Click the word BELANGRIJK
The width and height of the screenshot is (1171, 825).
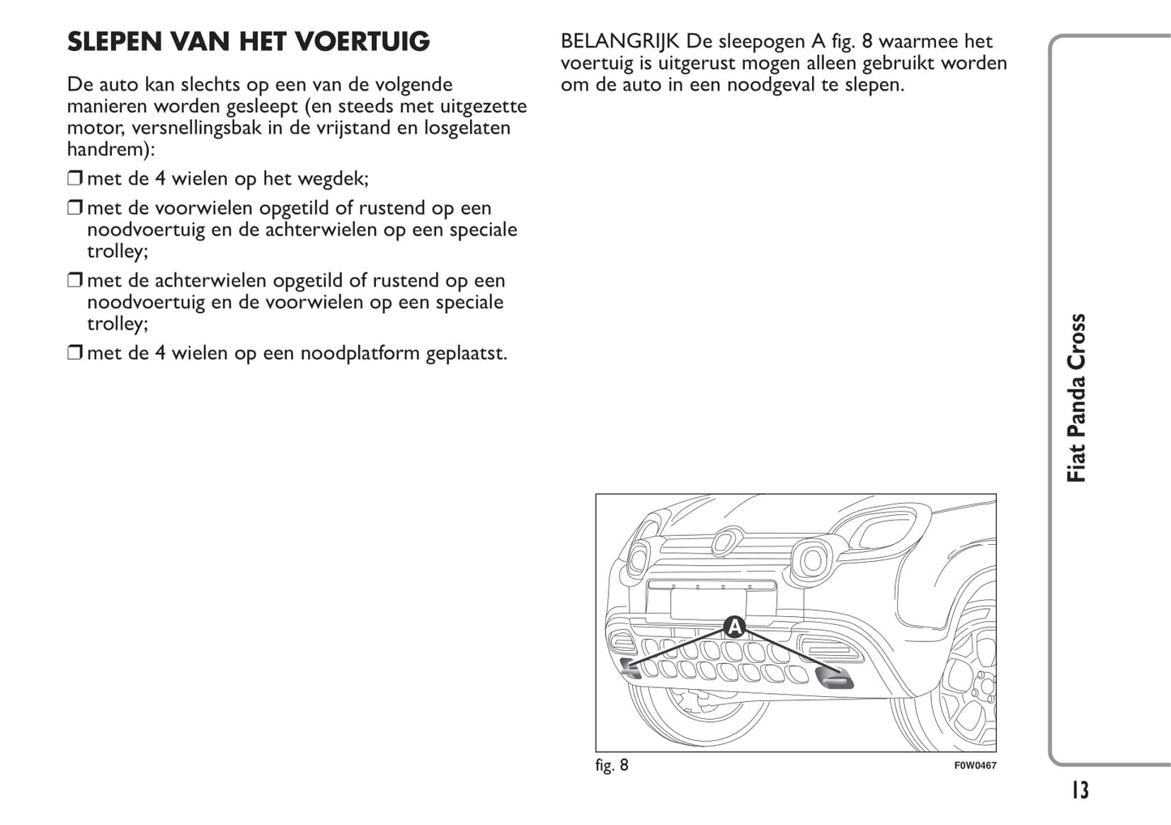[x=620, y=41]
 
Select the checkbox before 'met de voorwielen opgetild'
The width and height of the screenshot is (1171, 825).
[x=75, y=209]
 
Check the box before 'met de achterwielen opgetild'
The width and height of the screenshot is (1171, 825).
[x=75, y=282]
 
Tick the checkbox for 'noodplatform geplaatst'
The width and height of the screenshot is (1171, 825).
[x=75, y=354]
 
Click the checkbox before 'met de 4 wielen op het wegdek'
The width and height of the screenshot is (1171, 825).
[x=75, y=179]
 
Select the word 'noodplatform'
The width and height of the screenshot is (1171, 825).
[x=361, y=354]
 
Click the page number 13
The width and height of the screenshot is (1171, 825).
[x=1079, y=789]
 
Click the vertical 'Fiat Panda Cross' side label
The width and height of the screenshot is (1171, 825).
[x=1076, y=398]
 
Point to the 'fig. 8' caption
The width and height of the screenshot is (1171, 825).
[x=612, y=765]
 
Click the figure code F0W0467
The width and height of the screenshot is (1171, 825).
[x=975, y=765]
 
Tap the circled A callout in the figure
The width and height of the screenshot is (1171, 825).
[x=734, y=627]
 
